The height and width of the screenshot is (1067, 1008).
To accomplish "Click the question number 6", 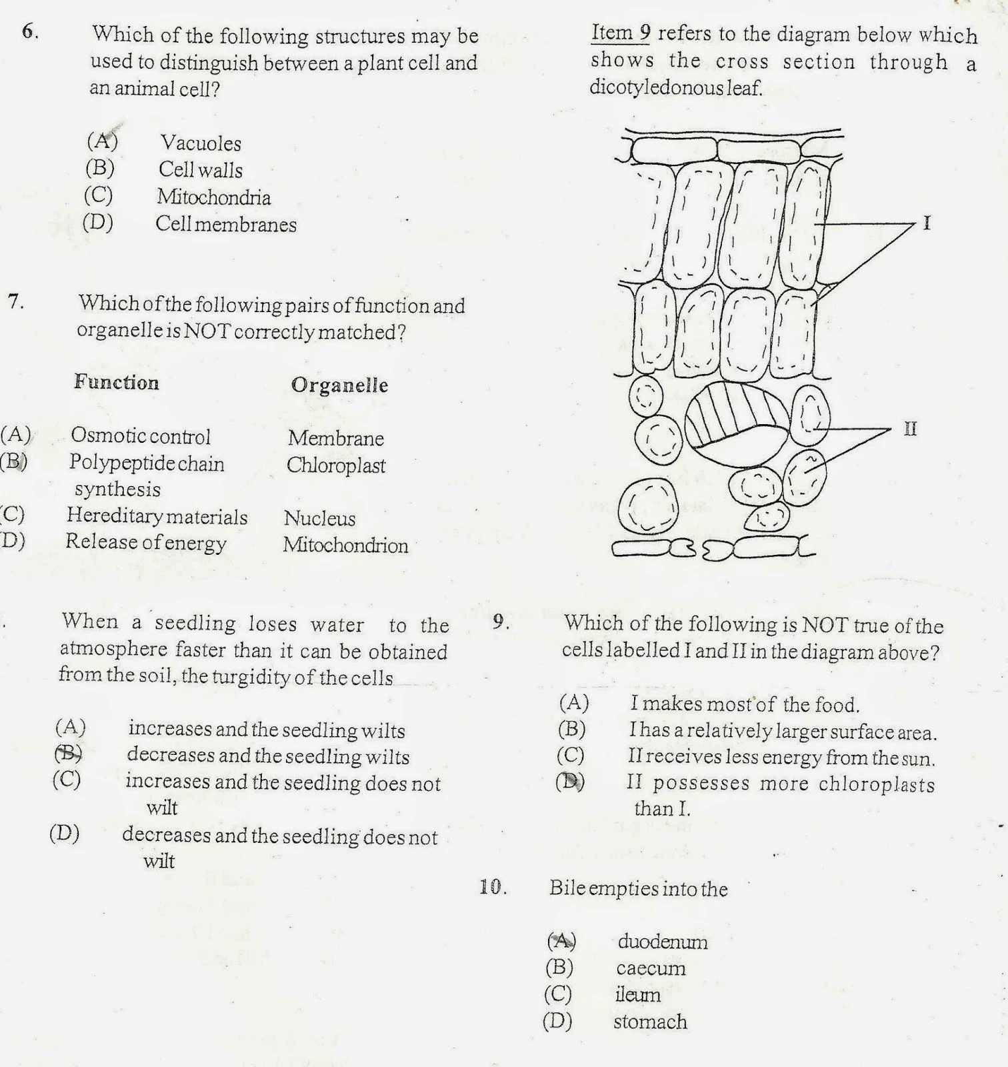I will [x=29, y=31].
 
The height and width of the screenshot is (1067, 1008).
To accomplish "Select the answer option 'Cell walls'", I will [x=200, y=169].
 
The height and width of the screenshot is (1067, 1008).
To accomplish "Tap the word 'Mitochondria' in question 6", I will [x=213, y=197].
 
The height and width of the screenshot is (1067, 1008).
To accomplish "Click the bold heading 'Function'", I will [x=117, y=382].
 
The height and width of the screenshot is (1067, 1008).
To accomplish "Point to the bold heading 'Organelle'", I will [x=339, y=385].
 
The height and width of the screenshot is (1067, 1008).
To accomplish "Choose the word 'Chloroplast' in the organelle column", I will [x=336, y=465].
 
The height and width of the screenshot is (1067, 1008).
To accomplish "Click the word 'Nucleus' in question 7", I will [x=319, y=518].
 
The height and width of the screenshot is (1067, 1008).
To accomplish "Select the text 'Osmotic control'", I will [x=140, y=436].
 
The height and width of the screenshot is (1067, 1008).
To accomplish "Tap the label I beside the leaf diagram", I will [x=925, y=223].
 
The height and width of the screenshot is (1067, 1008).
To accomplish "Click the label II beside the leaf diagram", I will [x=910, y=429].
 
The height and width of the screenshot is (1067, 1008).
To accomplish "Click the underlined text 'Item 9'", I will [x=620, y=33].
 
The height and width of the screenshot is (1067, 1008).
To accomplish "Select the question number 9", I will [x=501, y=623].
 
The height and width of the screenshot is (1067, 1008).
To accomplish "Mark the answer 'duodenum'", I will [x=662, y=942].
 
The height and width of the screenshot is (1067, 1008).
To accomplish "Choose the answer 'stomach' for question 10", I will [x=650, y=1022].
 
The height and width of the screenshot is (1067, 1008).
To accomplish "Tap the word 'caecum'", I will [x=651, y=968].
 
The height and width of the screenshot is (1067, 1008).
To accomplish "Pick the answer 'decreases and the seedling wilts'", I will [x=268, y=756].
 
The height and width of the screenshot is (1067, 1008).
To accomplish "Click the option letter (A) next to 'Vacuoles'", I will [x=102, y=141].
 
